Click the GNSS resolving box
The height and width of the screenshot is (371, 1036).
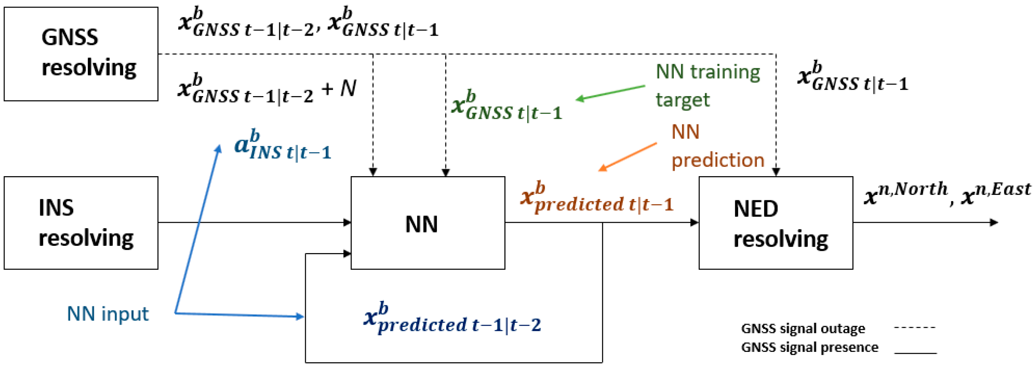click(x=80, y=54)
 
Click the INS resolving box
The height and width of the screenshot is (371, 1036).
click(x=80, y=222)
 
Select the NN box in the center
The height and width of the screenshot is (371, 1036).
click(x=427, y=222)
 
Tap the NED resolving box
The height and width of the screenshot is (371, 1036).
click(x=775, y=222)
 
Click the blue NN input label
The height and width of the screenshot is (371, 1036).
click(x=107, y=314)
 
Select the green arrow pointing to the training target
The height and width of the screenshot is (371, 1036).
click(x=610, y=92)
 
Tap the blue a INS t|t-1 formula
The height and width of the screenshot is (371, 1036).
click(x=283, y=145)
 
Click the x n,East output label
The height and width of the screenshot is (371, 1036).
click(x=995, y=193)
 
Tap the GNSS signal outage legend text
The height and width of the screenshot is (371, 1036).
click(x=802, y=329)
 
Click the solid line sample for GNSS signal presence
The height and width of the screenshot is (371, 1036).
click(x=915, y=353)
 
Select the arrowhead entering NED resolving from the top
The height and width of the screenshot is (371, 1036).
click(x=776, y=172)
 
